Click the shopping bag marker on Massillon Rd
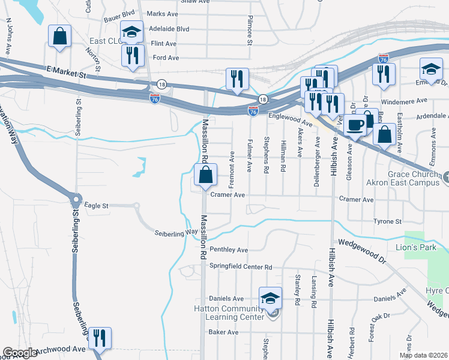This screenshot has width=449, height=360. (205, 176)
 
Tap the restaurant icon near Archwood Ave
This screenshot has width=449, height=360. (100, 338)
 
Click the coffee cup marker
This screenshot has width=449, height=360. (355, 125)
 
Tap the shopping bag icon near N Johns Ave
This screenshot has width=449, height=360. (60, 36)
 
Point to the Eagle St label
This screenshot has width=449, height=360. (96, 206)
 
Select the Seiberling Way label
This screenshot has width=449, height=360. (176, 232)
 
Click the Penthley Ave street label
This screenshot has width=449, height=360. (228, 250)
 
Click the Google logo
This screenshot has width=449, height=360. (20, 353)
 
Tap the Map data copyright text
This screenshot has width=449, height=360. (424, 355)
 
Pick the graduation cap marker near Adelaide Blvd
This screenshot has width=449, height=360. (131, 33)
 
